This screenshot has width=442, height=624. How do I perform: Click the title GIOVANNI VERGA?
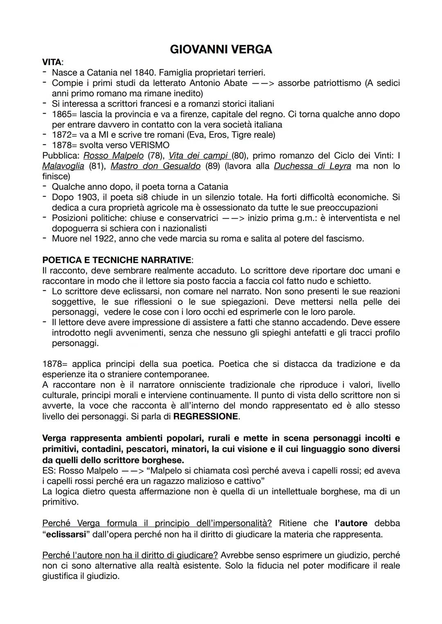pos(221,49)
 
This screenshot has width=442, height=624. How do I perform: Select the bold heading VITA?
pos(52,63)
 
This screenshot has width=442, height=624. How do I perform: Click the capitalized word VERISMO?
pos(149,145)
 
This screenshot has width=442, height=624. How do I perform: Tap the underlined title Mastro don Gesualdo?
pos(156,166)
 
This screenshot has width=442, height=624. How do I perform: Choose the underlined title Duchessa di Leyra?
pos(312,166)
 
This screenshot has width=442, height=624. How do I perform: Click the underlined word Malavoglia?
pos(63,166)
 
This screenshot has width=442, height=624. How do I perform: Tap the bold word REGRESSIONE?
pos(206,416)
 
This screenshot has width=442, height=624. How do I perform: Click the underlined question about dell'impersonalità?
pos(157,523)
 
